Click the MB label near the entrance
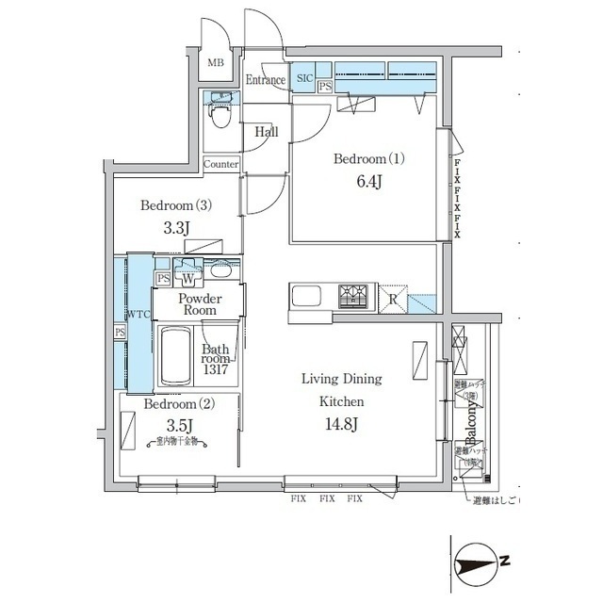coord(216,63)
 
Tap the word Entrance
coord(265,81)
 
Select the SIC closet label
coord(304,79)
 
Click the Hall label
coord(267,133)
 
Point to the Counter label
coord(220,164)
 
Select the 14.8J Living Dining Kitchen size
coord(341,423)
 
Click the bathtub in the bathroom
coord(176,356)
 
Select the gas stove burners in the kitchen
coord(358,297)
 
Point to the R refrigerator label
coord(393,300)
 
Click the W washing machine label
coord(187,279)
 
